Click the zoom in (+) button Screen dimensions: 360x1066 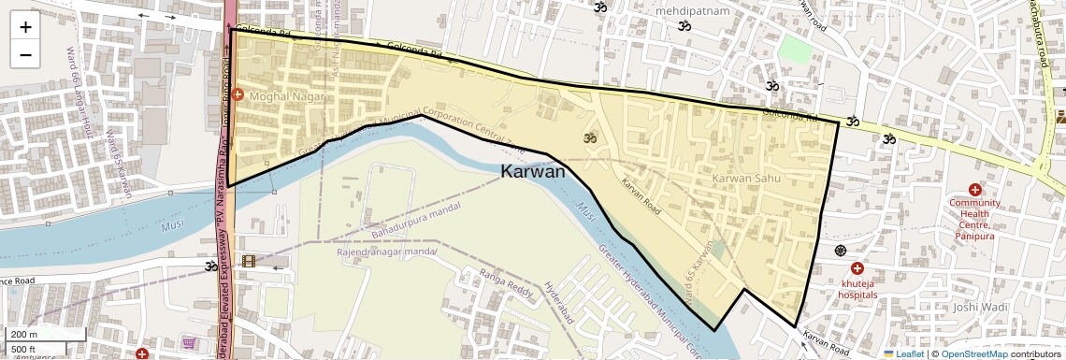[25, 26]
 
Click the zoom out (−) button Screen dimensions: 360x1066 [25, 54]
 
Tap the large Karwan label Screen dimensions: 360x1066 [533, 172]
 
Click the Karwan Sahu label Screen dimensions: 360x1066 [745, 178]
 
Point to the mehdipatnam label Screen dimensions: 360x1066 [692, 11]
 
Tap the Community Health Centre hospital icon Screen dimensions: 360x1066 [975, 190]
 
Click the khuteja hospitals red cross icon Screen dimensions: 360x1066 [857, 268]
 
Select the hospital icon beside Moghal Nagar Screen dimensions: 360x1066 [238, 95]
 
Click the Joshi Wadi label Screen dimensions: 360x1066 [979, 307]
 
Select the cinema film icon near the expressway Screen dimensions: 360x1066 [248, 261]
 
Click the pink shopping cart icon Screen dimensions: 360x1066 [189, 343]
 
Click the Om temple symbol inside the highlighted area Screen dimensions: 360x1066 [590, 138]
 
